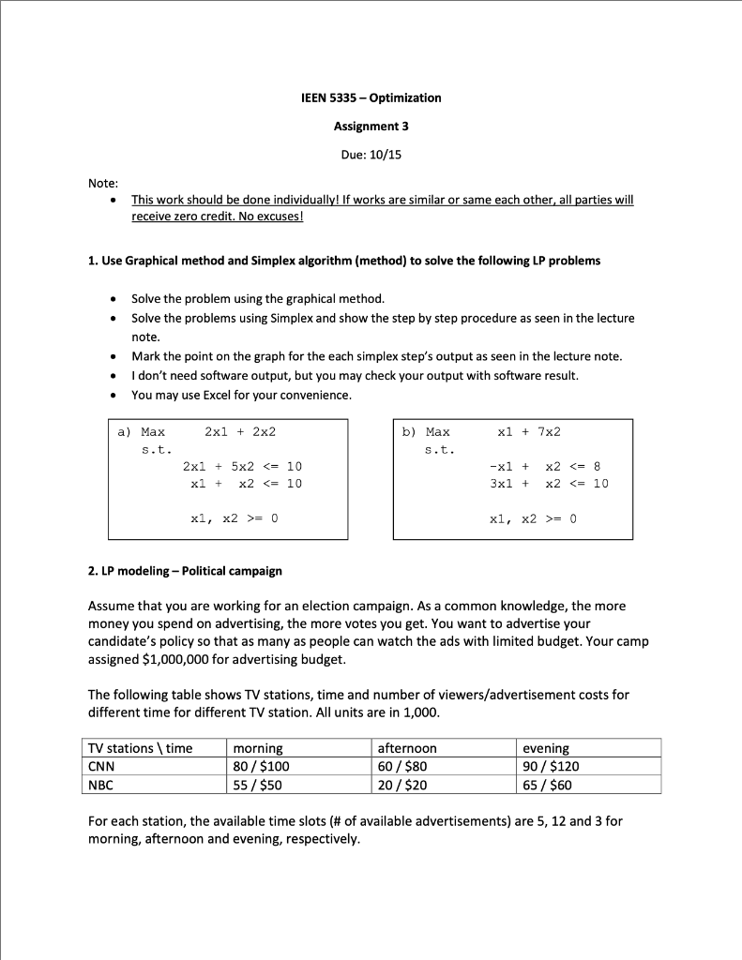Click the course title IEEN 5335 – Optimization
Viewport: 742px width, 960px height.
(x=371, y=97)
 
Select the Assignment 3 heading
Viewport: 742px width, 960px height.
(x=371, y=126)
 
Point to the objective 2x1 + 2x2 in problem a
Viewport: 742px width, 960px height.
(x=240, y=432)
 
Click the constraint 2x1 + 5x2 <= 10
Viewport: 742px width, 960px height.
(x=242, y=466)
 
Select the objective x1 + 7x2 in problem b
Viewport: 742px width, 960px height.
(x=529, y=432)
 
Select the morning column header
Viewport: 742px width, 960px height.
(x=257, y=748)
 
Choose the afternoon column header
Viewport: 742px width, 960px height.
(x=407, y=748)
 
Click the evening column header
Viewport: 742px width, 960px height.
(x=546, y=748)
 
